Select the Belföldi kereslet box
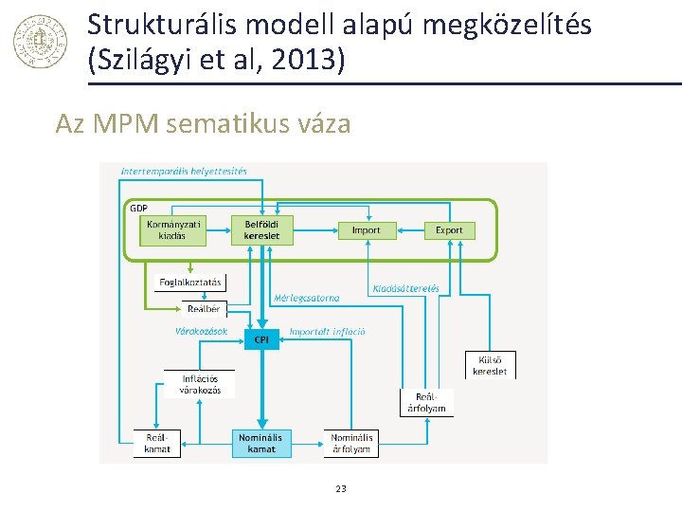262,230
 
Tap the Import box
366,230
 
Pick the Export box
449,230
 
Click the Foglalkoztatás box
190,282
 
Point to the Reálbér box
204,308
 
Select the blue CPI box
262,338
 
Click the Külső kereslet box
490,365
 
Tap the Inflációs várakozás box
200,384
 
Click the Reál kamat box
157,443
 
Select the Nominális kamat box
261,443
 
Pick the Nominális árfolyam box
351,443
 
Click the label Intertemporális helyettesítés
185,172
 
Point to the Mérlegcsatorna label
307,298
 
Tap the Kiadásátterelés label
406,288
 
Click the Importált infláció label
327,332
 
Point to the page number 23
341,488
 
